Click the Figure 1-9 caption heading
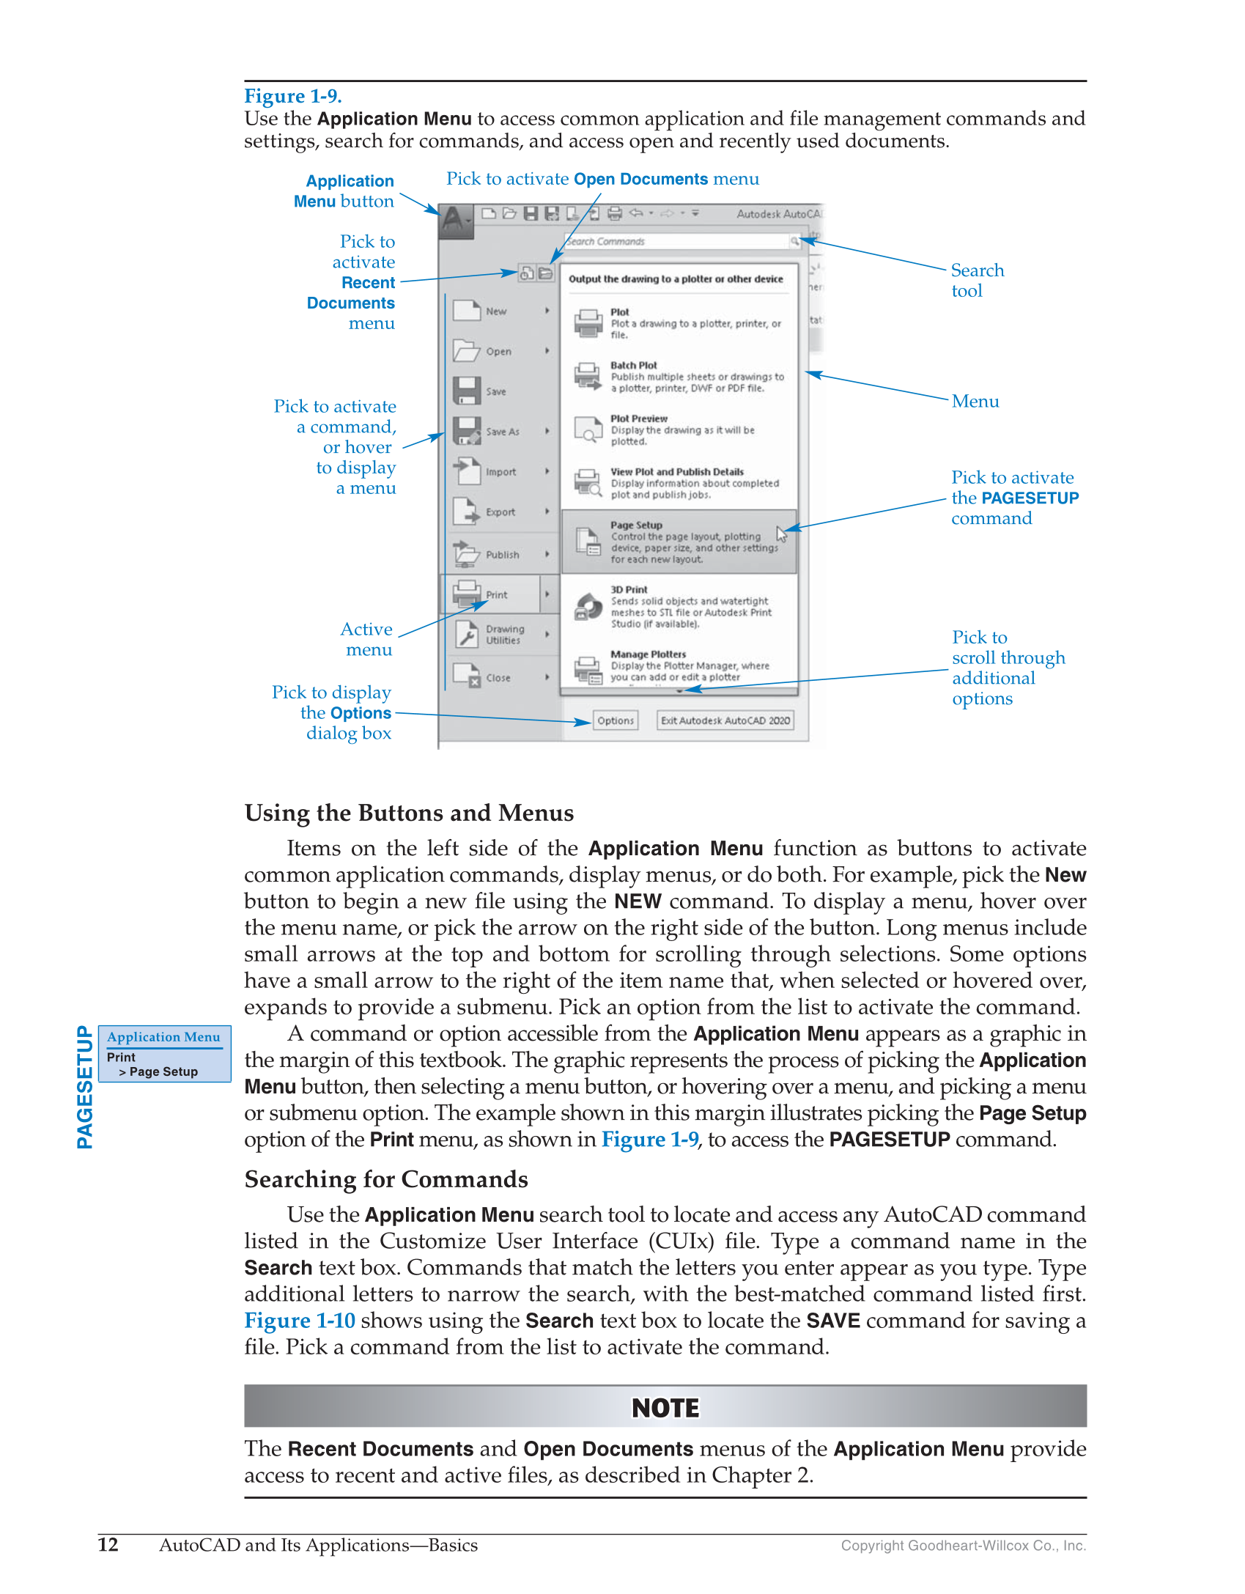click(292, 96)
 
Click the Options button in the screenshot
click(615, 720)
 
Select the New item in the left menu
click(496, 311)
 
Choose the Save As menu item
click(502, 432)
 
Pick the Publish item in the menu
click(502, 555)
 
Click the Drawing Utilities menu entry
click(504, 635)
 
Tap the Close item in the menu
click(498, 678)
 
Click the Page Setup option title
click(636, 525)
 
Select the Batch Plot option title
click(634, 365)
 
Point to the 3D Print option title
click(629, 589)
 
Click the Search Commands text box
click(674, 241)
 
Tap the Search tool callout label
click(977, 280)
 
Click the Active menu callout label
click(367, 639)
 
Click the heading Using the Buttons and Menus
click(409, 813)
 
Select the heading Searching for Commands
click(386, 1179)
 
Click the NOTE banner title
click(665, 1408)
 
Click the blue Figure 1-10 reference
click(300, 1321)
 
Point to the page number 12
click(108, 1545)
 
